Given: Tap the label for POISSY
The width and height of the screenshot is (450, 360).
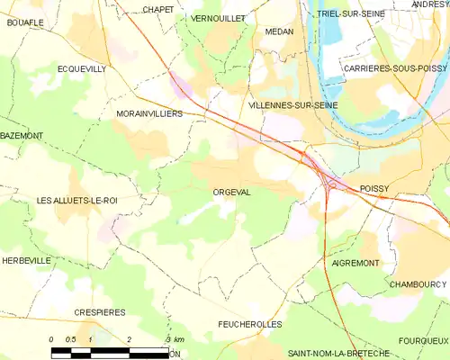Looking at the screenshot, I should (379, 188).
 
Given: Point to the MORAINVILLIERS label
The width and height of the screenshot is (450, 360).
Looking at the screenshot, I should (149, 114).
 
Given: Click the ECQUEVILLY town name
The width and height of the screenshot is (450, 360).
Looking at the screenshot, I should (83, 68).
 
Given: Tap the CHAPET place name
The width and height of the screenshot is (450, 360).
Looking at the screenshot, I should (158, 10).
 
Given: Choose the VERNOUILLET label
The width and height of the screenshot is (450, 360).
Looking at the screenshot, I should (219, 18).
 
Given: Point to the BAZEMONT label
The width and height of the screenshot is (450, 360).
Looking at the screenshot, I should (22, 135).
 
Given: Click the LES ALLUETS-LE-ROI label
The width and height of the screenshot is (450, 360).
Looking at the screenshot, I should (77, 200).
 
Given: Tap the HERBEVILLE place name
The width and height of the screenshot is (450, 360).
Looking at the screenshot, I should (26, 260).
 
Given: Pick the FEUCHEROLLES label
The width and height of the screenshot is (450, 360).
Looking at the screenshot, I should (250, 323).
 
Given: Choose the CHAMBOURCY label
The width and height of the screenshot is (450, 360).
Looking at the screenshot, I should (418, 283).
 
